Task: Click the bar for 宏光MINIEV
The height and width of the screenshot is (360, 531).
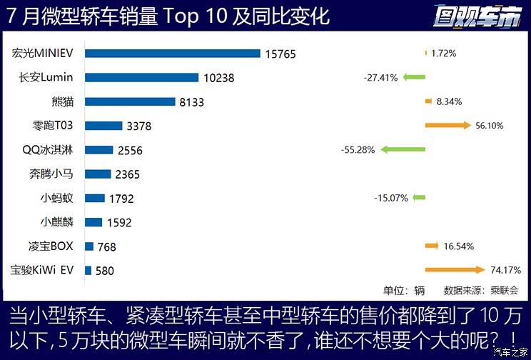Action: click(172, 53)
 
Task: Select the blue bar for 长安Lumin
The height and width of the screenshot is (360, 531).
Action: click(141, 77)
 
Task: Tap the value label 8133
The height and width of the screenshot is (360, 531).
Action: click(191, 102)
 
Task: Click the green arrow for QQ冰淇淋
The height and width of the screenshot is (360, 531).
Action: click(403, 150)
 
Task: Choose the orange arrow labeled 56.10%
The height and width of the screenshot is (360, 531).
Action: click(447, 126)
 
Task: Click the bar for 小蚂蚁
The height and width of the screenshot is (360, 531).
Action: click(94, 198)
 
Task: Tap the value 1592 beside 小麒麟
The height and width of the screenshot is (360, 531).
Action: click(119, 222)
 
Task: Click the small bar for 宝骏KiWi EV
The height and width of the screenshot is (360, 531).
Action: click(88, 271)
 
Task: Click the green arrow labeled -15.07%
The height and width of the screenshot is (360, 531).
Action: click(419, 198)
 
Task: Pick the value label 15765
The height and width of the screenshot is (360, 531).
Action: click(280, 54)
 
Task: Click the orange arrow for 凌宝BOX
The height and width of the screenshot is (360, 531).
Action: click(432, 246)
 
